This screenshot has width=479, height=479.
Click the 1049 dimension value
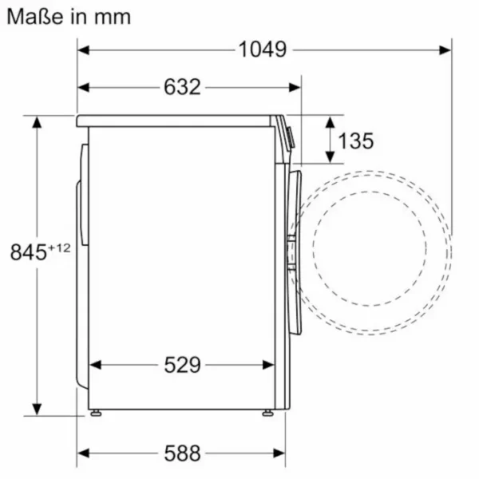263,49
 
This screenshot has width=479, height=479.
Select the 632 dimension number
182,87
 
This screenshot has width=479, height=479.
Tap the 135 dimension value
356,141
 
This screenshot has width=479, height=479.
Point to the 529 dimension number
182,365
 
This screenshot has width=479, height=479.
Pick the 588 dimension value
182,453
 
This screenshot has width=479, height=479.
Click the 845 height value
29,252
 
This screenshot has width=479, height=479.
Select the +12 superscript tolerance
59,247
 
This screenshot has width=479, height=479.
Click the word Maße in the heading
35,17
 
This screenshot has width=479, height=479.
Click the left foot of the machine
96,413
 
